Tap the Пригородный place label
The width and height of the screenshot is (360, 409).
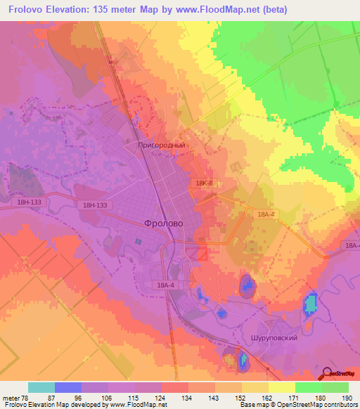[161, 145]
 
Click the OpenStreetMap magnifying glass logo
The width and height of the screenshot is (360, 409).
[328, 373]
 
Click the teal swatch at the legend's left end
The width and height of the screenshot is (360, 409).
[41, 387]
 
